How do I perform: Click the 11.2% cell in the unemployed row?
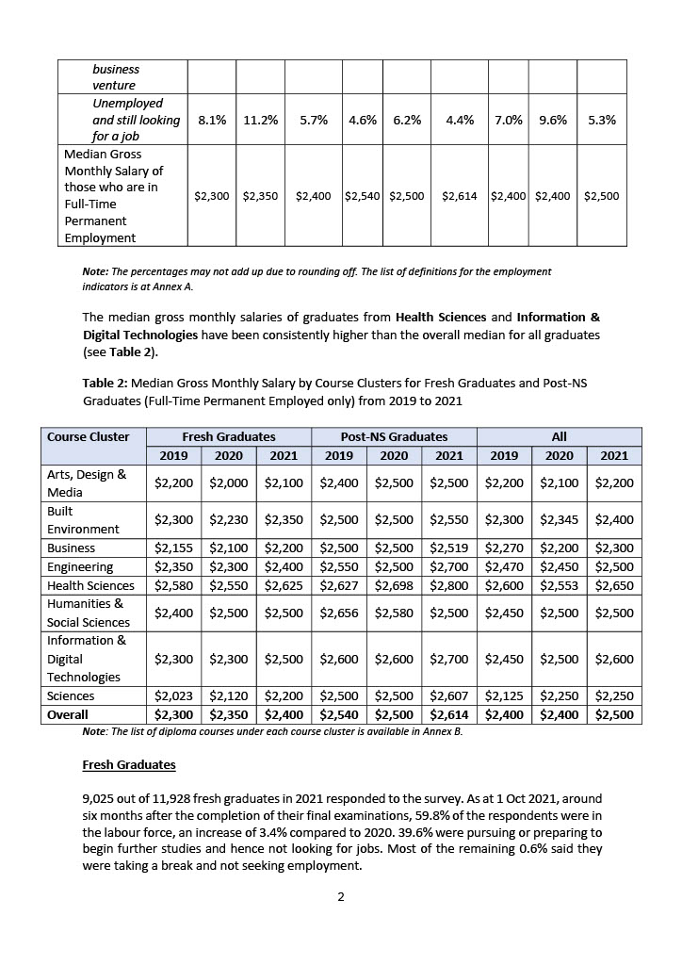pyautogui.click(x=259, y=121)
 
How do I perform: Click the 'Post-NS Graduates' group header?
pyautogui.click(x=394, y=436)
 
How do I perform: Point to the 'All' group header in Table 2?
pyautogui.click(x=559, y=436)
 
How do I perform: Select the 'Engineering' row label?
pyautogui.click(x=80, y=566)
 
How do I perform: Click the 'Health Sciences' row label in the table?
pyautogui.click(x=90, y=585)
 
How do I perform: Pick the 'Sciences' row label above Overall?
pyautogui.click(x=71, y=695)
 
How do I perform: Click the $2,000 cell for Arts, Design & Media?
pyautogui.click(x=229, y=483)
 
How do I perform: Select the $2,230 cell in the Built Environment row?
pyautogui.click(x=229, y=519)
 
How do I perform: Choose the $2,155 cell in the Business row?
pyautogui.click(x=173, y=548)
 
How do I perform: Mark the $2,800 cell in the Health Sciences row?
pyautogui.click(x=449, y=585)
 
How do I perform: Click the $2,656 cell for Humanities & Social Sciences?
pyautogui.click(x=339, y=613)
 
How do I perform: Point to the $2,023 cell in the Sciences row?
pyautogui.click(x=173, y=695)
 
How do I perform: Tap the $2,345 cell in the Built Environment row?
pyautogui.click(x=560, y=519)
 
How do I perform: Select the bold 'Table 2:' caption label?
pyautogui.click(x=105, y=384)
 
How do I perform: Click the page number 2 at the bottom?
pyautogui.click(x=341, y=896)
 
